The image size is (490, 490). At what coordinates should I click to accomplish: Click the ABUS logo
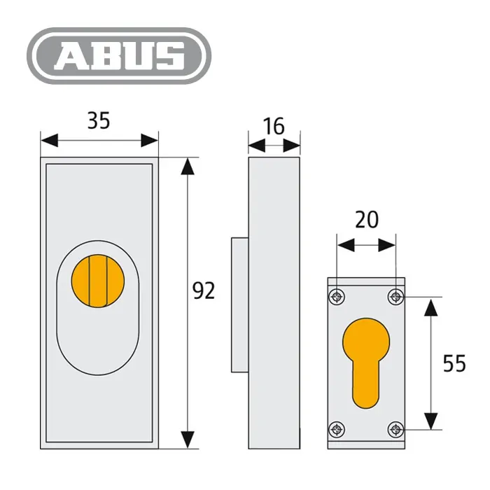click(x=119, y=56)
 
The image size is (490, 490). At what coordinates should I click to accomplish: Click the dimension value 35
click(x=99, y=120)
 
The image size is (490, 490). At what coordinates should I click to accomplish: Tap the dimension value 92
click(x=204, y=290)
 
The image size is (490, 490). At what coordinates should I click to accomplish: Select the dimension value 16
click(x=274, y=126)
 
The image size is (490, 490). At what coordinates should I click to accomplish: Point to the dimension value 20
click(x=367, y=219)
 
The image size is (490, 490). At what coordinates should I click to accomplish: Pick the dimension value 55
click(x=454, y=363)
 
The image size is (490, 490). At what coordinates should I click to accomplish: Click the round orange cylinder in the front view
click(x=98, y=281)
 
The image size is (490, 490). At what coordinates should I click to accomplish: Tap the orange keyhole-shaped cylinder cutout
click(x=366, y=363)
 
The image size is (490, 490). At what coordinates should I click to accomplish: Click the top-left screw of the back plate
click(x=337, y=297)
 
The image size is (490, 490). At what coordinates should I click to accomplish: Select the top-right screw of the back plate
click(x=395, y=297)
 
